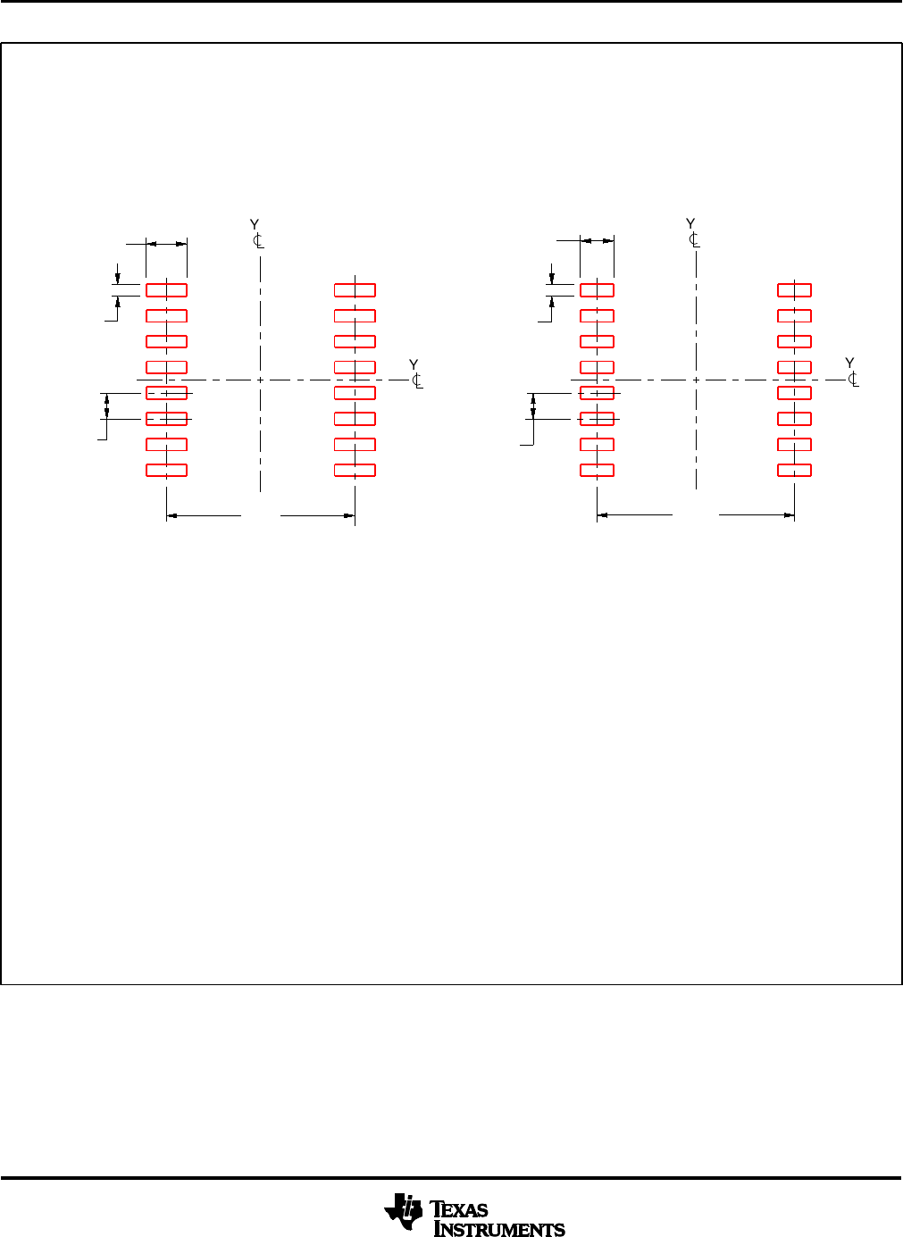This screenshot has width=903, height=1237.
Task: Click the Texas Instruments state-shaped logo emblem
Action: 403,1211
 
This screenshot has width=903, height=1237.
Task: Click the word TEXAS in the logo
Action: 458,1209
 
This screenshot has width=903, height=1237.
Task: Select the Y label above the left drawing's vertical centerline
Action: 254,224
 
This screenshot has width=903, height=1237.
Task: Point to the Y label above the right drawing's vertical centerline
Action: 690,223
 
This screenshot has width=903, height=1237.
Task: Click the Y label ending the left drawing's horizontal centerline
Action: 414,364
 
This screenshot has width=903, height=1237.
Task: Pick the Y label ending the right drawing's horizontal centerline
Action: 849,363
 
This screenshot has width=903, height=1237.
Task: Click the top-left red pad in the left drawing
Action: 166,290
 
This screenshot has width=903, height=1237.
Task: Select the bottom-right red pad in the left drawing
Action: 355,470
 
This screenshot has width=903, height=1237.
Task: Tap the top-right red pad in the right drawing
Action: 794,290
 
